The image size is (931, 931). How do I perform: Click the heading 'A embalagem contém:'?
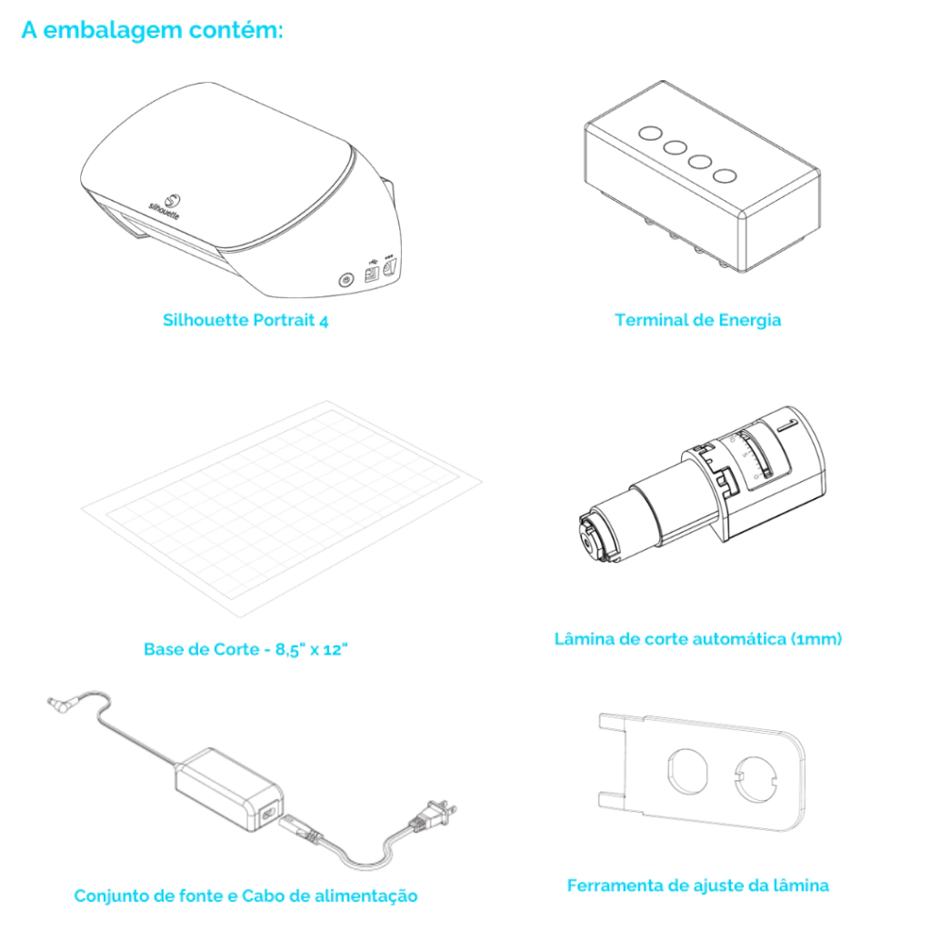point(152,30)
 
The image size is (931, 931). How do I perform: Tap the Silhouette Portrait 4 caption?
point(245,320)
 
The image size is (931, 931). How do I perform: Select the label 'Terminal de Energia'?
point(697,320)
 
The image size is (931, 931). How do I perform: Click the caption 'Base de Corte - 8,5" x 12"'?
point(245,649)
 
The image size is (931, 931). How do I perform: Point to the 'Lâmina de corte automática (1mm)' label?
point(697,639)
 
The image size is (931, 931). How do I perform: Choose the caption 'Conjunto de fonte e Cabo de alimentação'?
point(245,896)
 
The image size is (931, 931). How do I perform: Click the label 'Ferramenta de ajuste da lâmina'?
point(697,886)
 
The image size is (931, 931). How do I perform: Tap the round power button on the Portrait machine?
point(345,279)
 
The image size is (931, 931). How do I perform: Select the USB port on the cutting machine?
point(372,274)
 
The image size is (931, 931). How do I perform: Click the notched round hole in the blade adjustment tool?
point(756,779)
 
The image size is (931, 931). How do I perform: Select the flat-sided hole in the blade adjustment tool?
point(687,771)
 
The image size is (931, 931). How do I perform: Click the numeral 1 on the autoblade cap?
point(787,425)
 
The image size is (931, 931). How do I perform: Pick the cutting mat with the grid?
point(282,509)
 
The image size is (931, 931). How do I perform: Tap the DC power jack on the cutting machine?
point(389,269)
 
